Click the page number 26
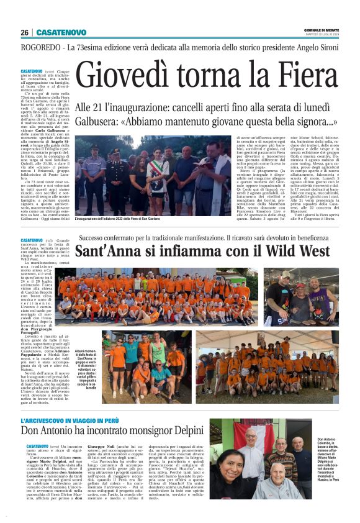(x=24, y=32)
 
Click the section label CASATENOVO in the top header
(x=60, y=32)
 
